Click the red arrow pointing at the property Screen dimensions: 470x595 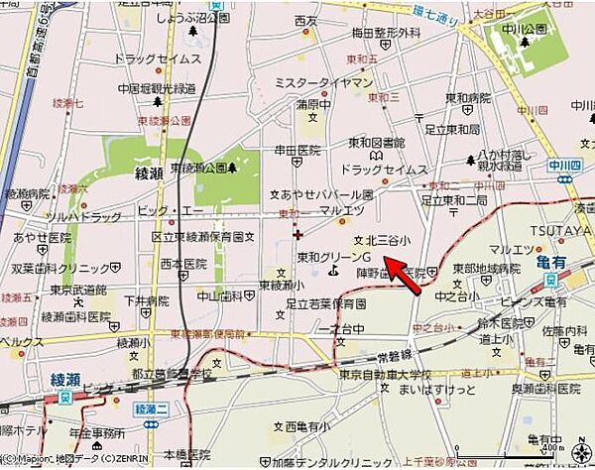pos(405,275)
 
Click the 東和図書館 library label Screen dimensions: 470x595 pos(375,141)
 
